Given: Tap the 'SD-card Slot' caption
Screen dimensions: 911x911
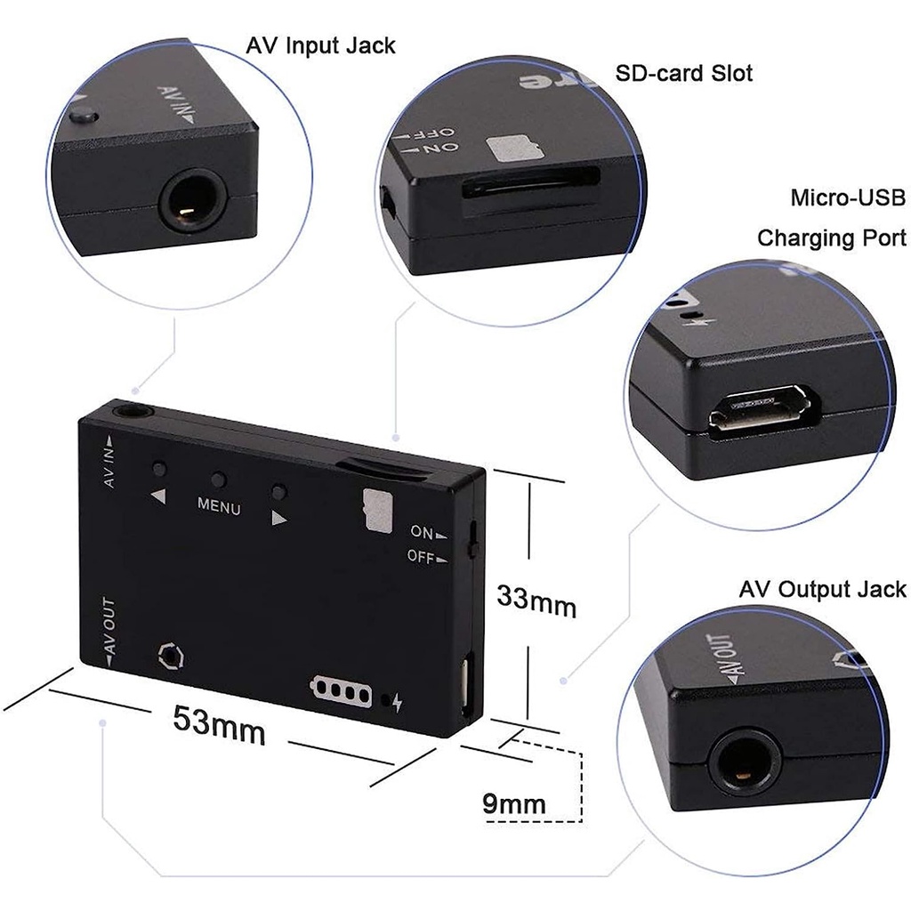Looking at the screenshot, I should click(x=684, y=73).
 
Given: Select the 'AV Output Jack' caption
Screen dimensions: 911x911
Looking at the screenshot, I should click(x=822, y=589).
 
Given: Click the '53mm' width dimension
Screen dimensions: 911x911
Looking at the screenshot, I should click(x=219, y=724).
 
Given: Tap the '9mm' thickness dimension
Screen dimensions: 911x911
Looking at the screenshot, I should click(x=513, y=804).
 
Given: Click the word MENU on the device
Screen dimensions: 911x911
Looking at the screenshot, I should click(x=218, y=509).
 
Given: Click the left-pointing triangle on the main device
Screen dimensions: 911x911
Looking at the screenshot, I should click(x=158, y=497).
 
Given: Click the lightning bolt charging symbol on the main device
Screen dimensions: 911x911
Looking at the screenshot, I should click(x=397, y=703).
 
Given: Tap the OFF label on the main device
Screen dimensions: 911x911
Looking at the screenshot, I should click(x=421, y=557).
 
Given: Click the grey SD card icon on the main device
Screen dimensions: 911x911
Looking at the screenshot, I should click(x=379, y=510).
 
